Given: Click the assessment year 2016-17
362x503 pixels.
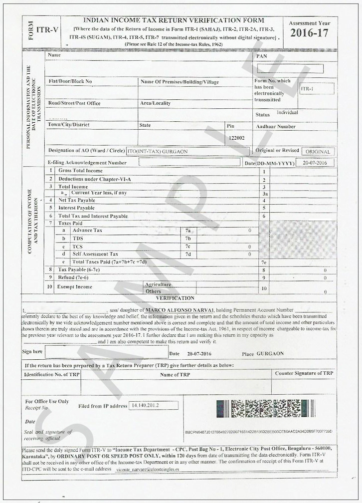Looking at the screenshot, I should click(x=309, y=34).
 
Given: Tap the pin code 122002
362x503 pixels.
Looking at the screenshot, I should click(x=236, y=138).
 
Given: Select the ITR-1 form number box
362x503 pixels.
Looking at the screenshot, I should click(x=317, y=89).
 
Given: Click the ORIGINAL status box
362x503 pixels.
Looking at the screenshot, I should click(x=318, y=152).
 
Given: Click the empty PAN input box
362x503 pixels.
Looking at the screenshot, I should click(x=290, y=69).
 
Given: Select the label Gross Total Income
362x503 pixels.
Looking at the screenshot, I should click(x=80, y=171).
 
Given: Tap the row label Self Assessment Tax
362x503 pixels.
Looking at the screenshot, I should click(x=95, y=254).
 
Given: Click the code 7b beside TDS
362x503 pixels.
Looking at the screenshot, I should click(x=188, y=239).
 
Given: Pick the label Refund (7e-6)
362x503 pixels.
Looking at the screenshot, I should click(x=73, y=277).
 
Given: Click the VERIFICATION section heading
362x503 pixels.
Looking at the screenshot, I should click(x=175, y=298).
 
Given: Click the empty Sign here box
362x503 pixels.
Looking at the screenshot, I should click(x=106, y=352).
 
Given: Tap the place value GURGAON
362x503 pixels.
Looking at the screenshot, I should click(x=270, y=354).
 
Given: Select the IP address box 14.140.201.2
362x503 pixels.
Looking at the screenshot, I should click(x=153, y=406).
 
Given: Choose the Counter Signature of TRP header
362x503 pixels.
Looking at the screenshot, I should click(x=304, y=373).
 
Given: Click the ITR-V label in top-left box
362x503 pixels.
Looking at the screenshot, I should click(x=47, y=30).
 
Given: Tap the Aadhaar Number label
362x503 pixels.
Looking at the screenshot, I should click(x=276, y=127).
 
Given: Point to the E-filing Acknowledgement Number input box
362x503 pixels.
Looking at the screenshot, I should click(x=189, y=162).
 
